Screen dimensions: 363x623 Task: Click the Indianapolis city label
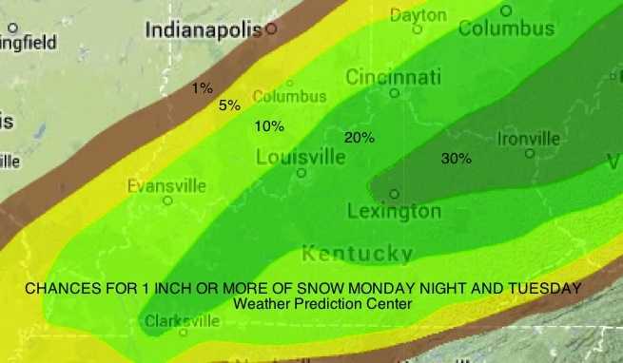(203, 31)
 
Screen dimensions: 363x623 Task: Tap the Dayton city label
(418, 15)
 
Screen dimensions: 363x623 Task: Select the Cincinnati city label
(394, 76)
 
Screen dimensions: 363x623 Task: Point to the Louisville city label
(301, 157)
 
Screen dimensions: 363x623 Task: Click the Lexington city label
(394, 211)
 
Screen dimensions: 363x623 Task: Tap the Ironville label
(529, 140)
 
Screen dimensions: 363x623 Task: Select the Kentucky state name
(357, 254)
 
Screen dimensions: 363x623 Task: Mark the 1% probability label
(202, 88)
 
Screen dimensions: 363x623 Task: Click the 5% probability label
(229, 105)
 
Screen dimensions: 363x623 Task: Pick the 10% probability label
(269, 125)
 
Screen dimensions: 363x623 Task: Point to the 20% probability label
(359, 138)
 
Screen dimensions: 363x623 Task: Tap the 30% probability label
(457, 159)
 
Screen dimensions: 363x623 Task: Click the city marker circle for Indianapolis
(271, 29)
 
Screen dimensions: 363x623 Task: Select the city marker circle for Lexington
(394, 194)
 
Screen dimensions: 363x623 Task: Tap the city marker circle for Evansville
(167, 201)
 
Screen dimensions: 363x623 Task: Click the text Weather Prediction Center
(323, 304)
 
